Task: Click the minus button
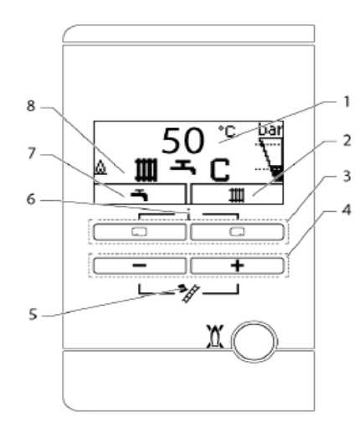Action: pyautogui.click(x=140, y=266)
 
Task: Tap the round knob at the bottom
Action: pyautogui.click(x=255, y=342)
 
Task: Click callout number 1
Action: pyautogui.click(x=346, y=102)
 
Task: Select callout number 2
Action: pyautogui.click(x=347, y=141)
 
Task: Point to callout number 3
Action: pyautogui.click(x=347, y=176)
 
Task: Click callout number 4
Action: pyautogui.click(x=347, y=210)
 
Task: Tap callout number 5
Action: pyautogui.click(x=33, y=314)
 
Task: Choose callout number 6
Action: pyautogui.click(x=31, y=199)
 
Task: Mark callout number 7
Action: pyautogui.click(x=32, y=154)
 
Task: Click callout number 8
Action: pyautogui.click(x=31, y=106)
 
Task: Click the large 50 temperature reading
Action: pyautogui.click(x=183, y=141)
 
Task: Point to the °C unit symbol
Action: pyautogui.click(x=227, y=131)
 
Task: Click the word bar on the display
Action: pyautogui.click(x=270, y=129)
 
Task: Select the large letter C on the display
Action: pyautogui.click(x=220, y=170)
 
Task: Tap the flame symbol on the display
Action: pyautogui.click(x=100, y=168)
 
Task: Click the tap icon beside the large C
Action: pyautogui.click(x=183, y=168)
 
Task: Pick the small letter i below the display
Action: pyautogui.click(x=189, y=214)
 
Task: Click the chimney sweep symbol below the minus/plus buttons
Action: pyautogui.click(x=189, y=292)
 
